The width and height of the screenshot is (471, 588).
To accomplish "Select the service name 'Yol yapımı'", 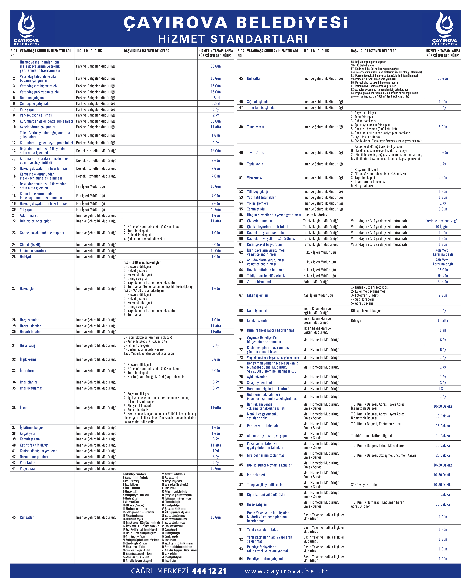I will click(27, 209).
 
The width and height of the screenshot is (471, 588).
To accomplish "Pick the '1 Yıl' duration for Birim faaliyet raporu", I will click(443, 330).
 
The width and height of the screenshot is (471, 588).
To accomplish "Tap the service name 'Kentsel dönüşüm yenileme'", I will click(38, 451).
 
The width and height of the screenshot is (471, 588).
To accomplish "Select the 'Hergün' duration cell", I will click(443, 276).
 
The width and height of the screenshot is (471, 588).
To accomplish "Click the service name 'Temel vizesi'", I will click(255, 127).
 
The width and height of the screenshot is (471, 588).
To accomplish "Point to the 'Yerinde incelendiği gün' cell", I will click(443, 221).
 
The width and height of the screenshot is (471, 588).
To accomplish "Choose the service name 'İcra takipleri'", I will click(256, 475).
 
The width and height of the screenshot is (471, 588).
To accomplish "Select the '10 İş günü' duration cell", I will click(443, 227).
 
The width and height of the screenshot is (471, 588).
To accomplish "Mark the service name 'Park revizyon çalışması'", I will click(36, 115).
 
